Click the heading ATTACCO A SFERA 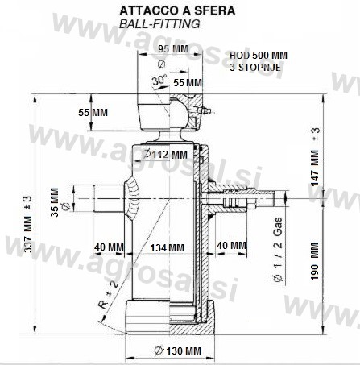177,10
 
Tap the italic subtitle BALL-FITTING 159,24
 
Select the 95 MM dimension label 173,49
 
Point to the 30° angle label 159,80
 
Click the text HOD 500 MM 259,56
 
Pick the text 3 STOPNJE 255,67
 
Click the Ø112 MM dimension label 164,155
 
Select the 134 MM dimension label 167,247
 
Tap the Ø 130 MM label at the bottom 178,350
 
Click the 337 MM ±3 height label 28,224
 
